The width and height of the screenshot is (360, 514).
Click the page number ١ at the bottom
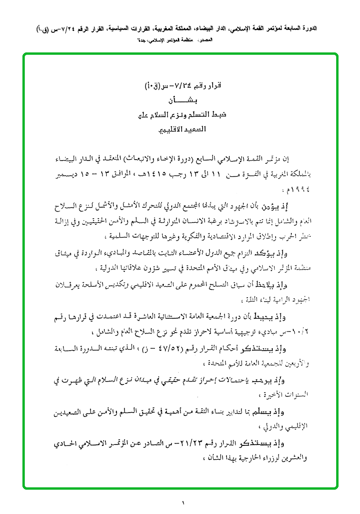point(183,503)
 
